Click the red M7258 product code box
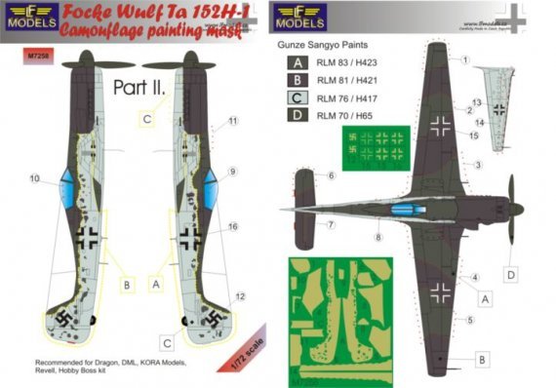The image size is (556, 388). click(x=23, y=55)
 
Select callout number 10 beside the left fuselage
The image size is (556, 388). click(x=36, y=177)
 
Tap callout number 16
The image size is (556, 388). click(x=233, y=225)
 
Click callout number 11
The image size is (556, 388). click(x=233, y=122)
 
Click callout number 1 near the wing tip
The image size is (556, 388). click(x=466, y=58)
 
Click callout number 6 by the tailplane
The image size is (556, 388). click(x=331, y=175)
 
